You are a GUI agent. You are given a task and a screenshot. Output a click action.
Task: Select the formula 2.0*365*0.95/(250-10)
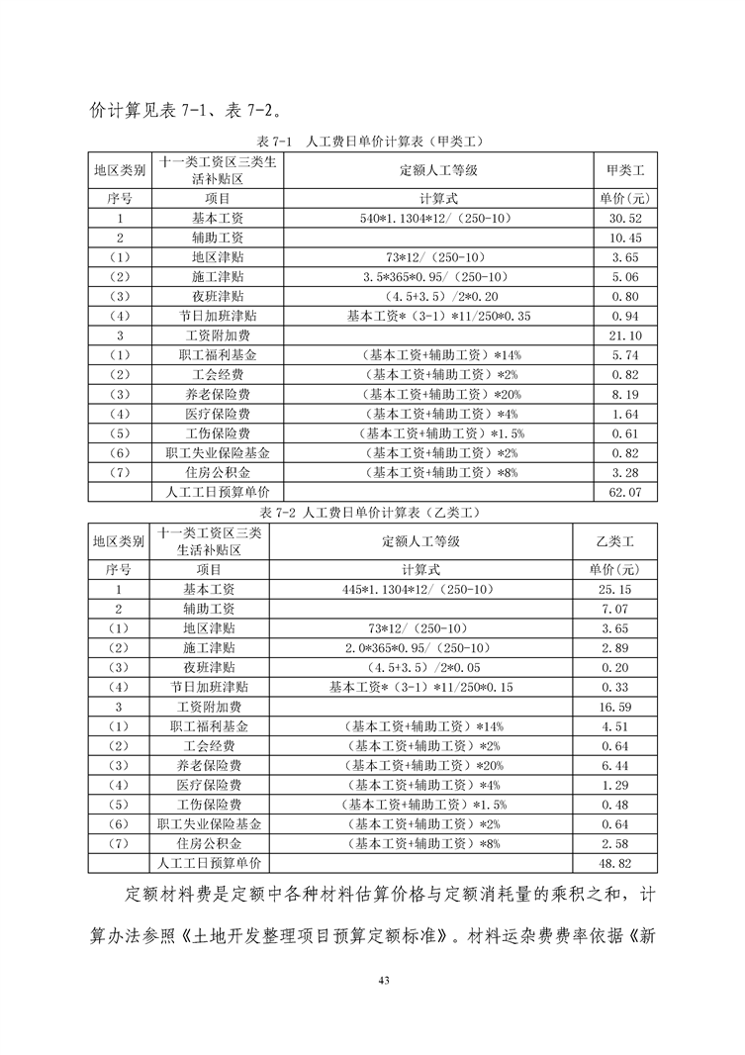coord(420,648)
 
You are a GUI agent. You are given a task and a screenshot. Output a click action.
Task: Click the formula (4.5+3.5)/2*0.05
coord(420,668)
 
